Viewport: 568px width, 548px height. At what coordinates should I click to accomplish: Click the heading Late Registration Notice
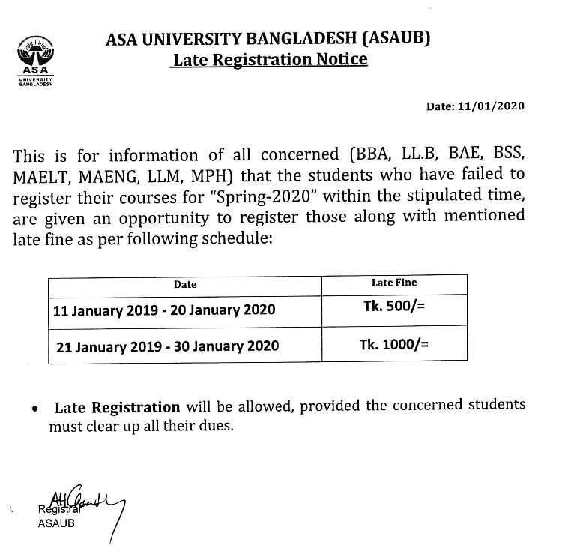tap(270, 59)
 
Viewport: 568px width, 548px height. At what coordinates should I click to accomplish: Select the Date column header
tap(185, 284)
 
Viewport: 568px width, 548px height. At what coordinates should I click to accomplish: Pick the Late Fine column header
tap(394, 283)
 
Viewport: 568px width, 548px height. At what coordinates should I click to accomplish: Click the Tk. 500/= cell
tap(394, 307)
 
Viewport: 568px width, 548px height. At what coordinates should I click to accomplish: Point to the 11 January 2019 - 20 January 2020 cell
tap(164, 310)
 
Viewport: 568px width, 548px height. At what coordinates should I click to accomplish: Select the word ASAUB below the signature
tap(55, 523)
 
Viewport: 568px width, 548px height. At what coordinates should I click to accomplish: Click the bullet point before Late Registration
tap(35, 410)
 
